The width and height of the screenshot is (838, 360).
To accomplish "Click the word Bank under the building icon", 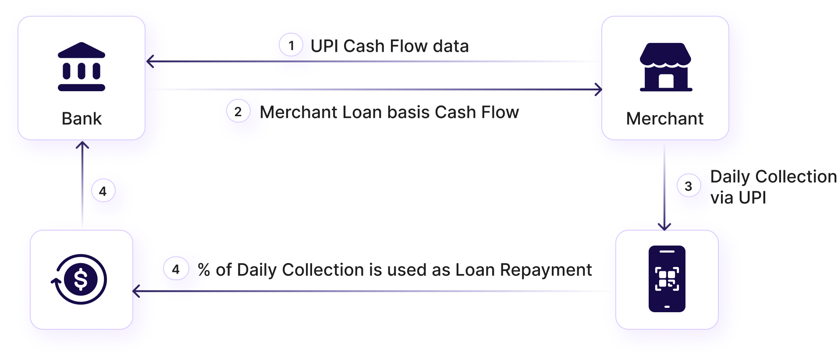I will pos(82,118).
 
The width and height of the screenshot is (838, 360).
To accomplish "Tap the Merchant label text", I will pos(664,118).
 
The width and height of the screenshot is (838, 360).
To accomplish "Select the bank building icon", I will pos(82,67).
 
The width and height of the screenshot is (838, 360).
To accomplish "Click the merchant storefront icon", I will pos(665,67).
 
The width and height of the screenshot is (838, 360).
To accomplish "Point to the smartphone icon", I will pos(667,278).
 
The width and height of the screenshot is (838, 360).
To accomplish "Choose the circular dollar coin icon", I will pos(80,279).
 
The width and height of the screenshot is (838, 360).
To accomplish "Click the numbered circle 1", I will pos(291,46).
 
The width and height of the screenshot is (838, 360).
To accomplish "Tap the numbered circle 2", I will pos(238,112).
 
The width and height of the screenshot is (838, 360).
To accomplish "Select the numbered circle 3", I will pos(688,186).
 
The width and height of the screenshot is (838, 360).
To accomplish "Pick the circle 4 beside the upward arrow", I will pos(103,192).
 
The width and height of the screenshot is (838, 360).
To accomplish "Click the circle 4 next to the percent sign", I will pos(176,269).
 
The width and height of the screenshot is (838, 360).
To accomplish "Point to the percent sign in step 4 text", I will pos(204,270).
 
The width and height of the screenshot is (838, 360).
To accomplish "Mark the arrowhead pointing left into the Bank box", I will pos(150,61).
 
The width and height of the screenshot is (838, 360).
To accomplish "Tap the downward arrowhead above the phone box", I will pos(664,226).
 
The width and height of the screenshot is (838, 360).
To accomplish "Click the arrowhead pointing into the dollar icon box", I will pos(136,291).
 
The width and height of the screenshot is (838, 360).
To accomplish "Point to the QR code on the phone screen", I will pos(667,278).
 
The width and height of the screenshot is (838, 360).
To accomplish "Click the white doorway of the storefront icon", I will pos(666,81).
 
